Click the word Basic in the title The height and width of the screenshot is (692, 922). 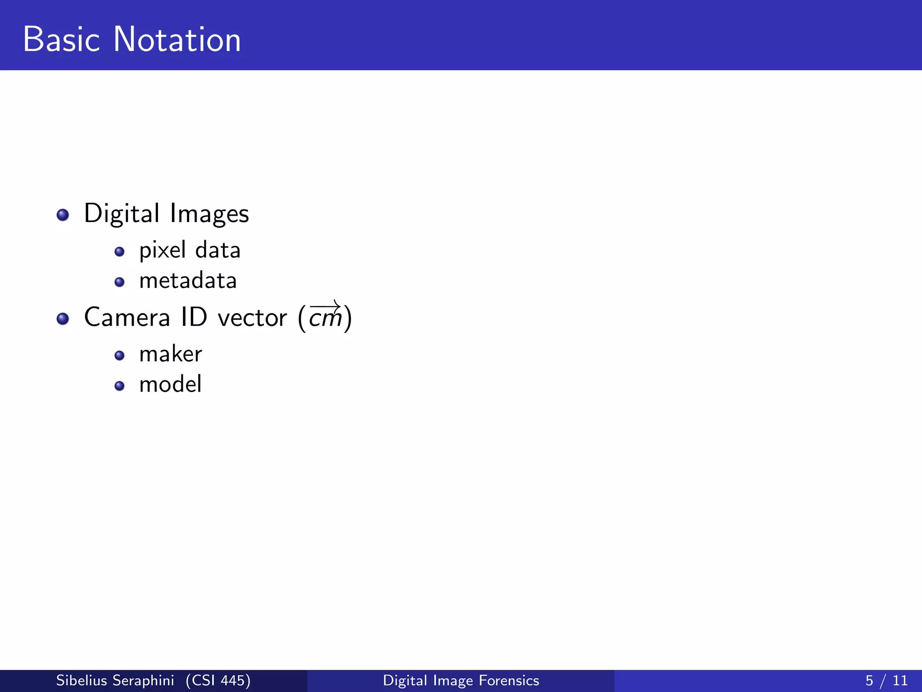[x=61, y=40]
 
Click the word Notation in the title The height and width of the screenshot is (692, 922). [x=177, y=40]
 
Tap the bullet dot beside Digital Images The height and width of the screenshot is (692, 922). [x=63, y=215]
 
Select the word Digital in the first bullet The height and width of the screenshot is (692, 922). [x=122, y=214]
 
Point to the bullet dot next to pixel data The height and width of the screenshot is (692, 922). [x=119, y=252]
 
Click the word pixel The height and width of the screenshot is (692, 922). [x=162, y=250]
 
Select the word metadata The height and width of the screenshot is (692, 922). [x=188, y=281]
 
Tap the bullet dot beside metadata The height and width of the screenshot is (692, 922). [x=119, y=282]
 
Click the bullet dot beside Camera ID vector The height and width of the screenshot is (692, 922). [x=63, y=319]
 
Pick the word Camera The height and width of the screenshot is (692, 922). [x=127, y=317]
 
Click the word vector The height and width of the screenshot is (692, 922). [x=252, y=318]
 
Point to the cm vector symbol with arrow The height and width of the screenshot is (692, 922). [x=325, y=316]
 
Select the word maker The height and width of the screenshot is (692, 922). [x=171, y=354]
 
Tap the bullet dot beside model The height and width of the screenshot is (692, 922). [x=119, y=386]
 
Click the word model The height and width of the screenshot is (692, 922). [x=170, y=384]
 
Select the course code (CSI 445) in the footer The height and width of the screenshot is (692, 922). [x=218, y=680]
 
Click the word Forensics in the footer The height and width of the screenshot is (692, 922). [x=509, y=680]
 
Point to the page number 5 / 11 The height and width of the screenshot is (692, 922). [x=886, y=680]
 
